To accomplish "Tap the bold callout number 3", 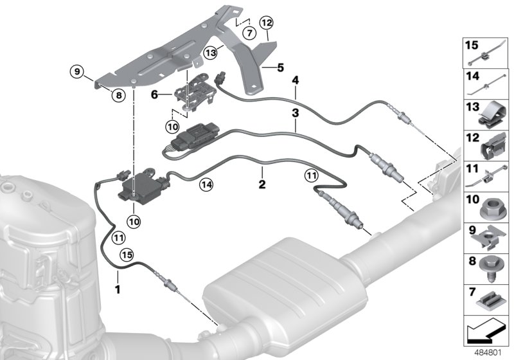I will pos(294,113).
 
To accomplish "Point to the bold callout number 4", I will pos(295,80).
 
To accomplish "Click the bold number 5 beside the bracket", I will pos(279,67).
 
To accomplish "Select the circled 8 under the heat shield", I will pos(118,96).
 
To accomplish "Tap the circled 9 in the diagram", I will pos(76,73).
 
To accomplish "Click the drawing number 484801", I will pos(490,352).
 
